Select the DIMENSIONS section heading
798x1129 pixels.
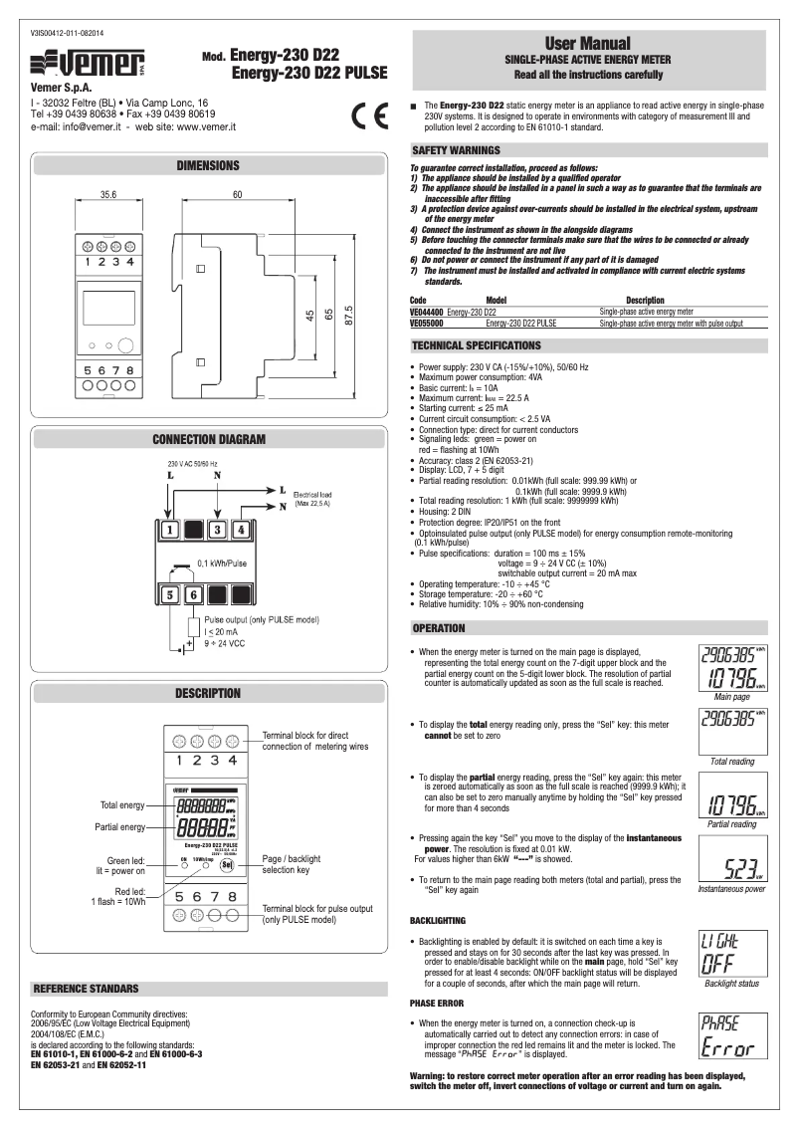pos(207,165)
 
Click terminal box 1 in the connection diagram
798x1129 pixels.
pos(171,530)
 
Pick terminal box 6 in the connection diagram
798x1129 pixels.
pos(194,596)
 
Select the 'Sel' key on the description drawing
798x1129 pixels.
pos(227,863)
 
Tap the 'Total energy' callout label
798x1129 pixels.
pos(122,803)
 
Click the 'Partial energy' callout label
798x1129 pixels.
pos(120,826)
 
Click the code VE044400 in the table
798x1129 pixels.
pos(428,313)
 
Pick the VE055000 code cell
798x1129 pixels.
pos(428,324)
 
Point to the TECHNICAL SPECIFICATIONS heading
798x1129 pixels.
pos(477,345)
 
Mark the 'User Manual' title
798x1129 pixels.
pos(587,44)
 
